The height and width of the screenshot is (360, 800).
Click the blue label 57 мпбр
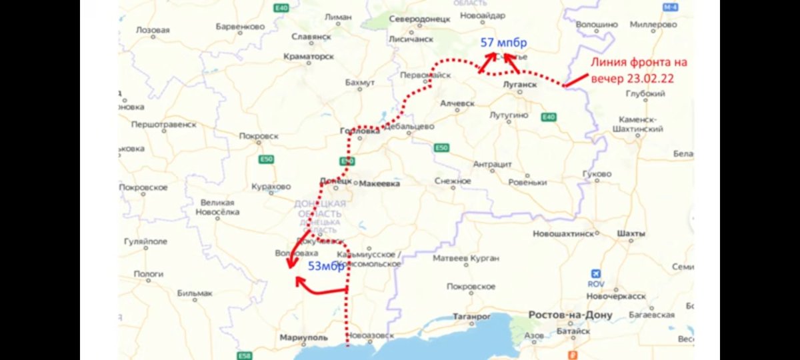point(504,43)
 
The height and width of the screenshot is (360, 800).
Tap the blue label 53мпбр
point(326,266)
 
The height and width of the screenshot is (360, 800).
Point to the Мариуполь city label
point(304,337)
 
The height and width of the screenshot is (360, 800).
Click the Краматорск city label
point(309,57)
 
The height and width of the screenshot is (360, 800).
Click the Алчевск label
point(457,103)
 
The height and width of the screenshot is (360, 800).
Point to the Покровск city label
point(259,137)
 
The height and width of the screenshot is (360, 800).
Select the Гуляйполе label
point(145,241)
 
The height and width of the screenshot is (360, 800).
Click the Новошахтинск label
point(564,234)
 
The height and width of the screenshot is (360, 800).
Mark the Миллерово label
point(653,25)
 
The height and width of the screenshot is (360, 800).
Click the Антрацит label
point(492,163)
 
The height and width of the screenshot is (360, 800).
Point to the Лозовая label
point(153,30)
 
